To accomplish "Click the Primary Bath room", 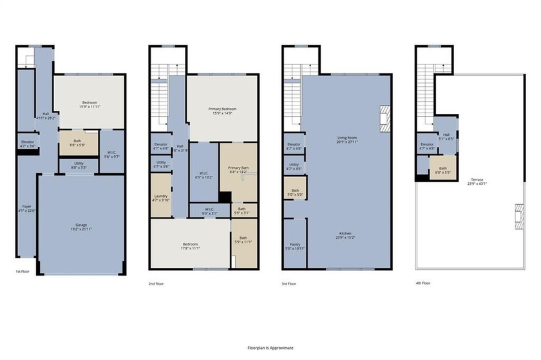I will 238,170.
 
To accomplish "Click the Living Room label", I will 347,139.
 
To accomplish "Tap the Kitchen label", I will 347,235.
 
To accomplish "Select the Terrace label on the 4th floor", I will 477,182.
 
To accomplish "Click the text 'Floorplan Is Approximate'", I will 270,347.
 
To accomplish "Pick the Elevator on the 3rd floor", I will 294,147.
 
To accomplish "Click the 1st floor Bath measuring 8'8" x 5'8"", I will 77,143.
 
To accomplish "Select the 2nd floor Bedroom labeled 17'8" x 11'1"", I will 190,246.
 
